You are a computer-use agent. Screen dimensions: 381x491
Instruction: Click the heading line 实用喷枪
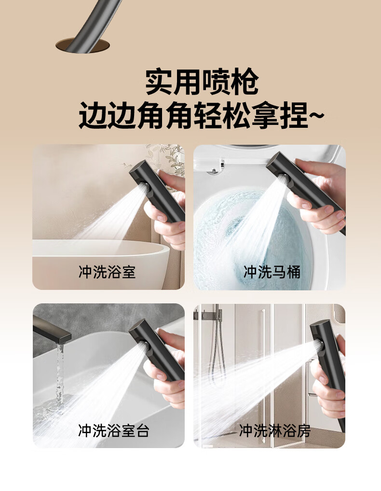click(x=202, y=82)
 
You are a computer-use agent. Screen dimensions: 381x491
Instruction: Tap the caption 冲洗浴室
click(x=107, y=272)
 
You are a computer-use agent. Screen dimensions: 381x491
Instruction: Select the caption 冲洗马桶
click(x=272, y=272)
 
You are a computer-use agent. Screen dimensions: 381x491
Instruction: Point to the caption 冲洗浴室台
click(x=114, y=430)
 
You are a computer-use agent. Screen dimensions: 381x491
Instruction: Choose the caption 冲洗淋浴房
click(x=274, y=430)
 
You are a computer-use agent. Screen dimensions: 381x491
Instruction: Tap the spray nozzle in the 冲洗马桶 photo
click(x=282, y=179)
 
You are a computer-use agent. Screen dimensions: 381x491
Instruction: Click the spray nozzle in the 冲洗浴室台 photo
click(x=144, y=346)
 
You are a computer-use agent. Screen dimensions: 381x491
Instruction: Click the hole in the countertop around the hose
click(x=82, y=46)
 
